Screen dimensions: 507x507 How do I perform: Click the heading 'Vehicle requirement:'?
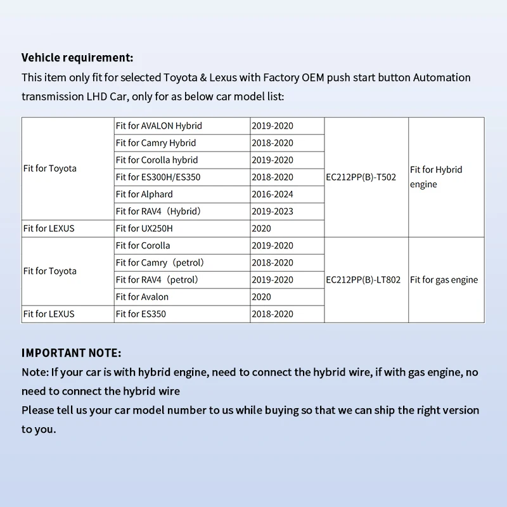point(77,58)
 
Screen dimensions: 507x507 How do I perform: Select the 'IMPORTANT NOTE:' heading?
point(71,353)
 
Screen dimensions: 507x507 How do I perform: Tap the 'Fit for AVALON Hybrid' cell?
point(158,126)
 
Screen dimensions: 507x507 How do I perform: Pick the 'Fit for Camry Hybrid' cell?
point(156,143)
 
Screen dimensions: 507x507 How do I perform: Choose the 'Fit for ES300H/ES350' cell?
point(158,177)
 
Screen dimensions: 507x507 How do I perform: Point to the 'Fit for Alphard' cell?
point(144,195)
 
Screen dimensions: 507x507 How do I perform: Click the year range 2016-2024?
point(273,195)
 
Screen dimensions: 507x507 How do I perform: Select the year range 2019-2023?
point(273,212)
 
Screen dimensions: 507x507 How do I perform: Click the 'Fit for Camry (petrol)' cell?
point(160,263)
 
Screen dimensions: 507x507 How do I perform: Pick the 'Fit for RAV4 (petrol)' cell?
point(157,280)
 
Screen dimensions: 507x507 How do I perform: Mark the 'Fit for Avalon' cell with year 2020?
point(142,297)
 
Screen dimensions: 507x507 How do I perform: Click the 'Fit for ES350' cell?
point(141,314)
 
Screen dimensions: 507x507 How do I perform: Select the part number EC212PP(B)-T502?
point(361,177)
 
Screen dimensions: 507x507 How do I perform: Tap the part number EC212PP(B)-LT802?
point(363,280)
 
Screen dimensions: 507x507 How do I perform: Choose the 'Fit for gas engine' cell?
point(444,280)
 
